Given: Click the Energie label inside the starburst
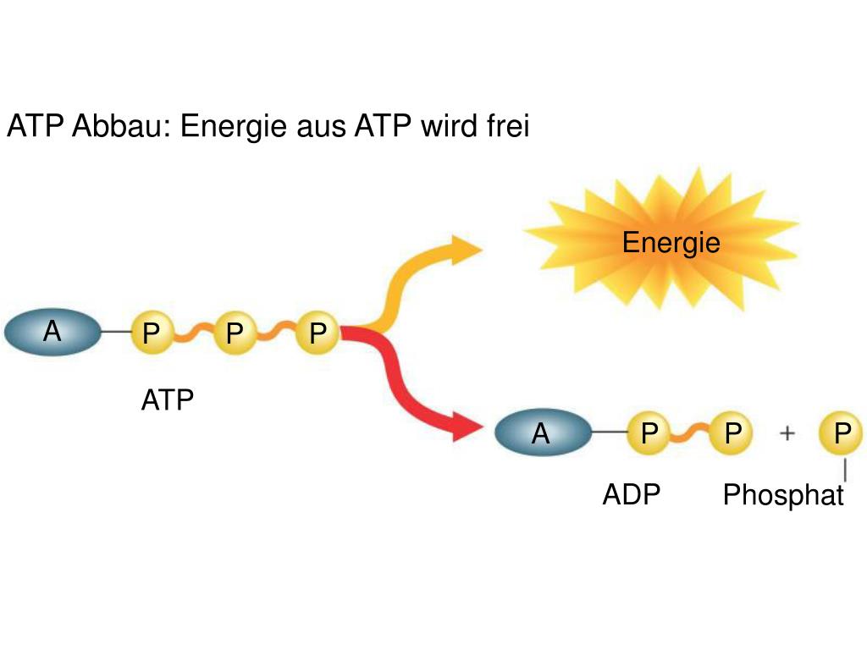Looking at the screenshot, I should click(x=671, y=244).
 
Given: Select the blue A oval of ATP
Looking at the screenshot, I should click(x=52, y=332).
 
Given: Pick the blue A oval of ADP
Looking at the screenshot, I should click(x=541, y=433).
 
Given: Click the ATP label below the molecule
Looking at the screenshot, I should click(x=168, y=399).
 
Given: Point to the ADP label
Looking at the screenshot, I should click(x=631, y=494).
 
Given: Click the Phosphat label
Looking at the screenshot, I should click(x=783, y=495).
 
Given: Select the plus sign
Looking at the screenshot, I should click(x=787, y=433).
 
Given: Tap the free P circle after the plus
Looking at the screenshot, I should click(x=841, y=433).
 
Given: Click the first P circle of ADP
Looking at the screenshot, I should click(x=649, y=433).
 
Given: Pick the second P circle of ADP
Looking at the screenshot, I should click(x=732, y=433).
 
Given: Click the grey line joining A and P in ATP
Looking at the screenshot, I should click(x=114, y=332).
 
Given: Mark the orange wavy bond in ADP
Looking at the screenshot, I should click(x=690, y=433).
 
